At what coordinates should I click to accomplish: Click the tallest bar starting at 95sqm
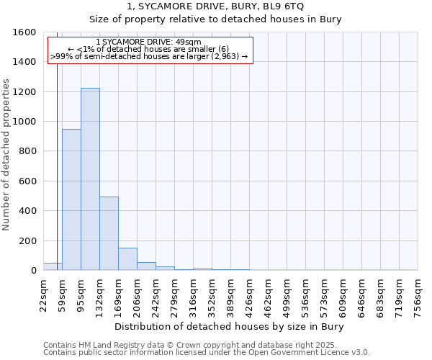90,179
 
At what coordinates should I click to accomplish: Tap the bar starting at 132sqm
109,233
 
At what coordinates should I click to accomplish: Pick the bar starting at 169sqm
127,259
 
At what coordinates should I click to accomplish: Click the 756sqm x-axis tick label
418,294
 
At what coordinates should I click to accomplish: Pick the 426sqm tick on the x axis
250,294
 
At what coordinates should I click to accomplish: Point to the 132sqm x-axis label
101,294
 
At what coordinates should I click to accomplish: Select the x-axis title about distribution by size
230,327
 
